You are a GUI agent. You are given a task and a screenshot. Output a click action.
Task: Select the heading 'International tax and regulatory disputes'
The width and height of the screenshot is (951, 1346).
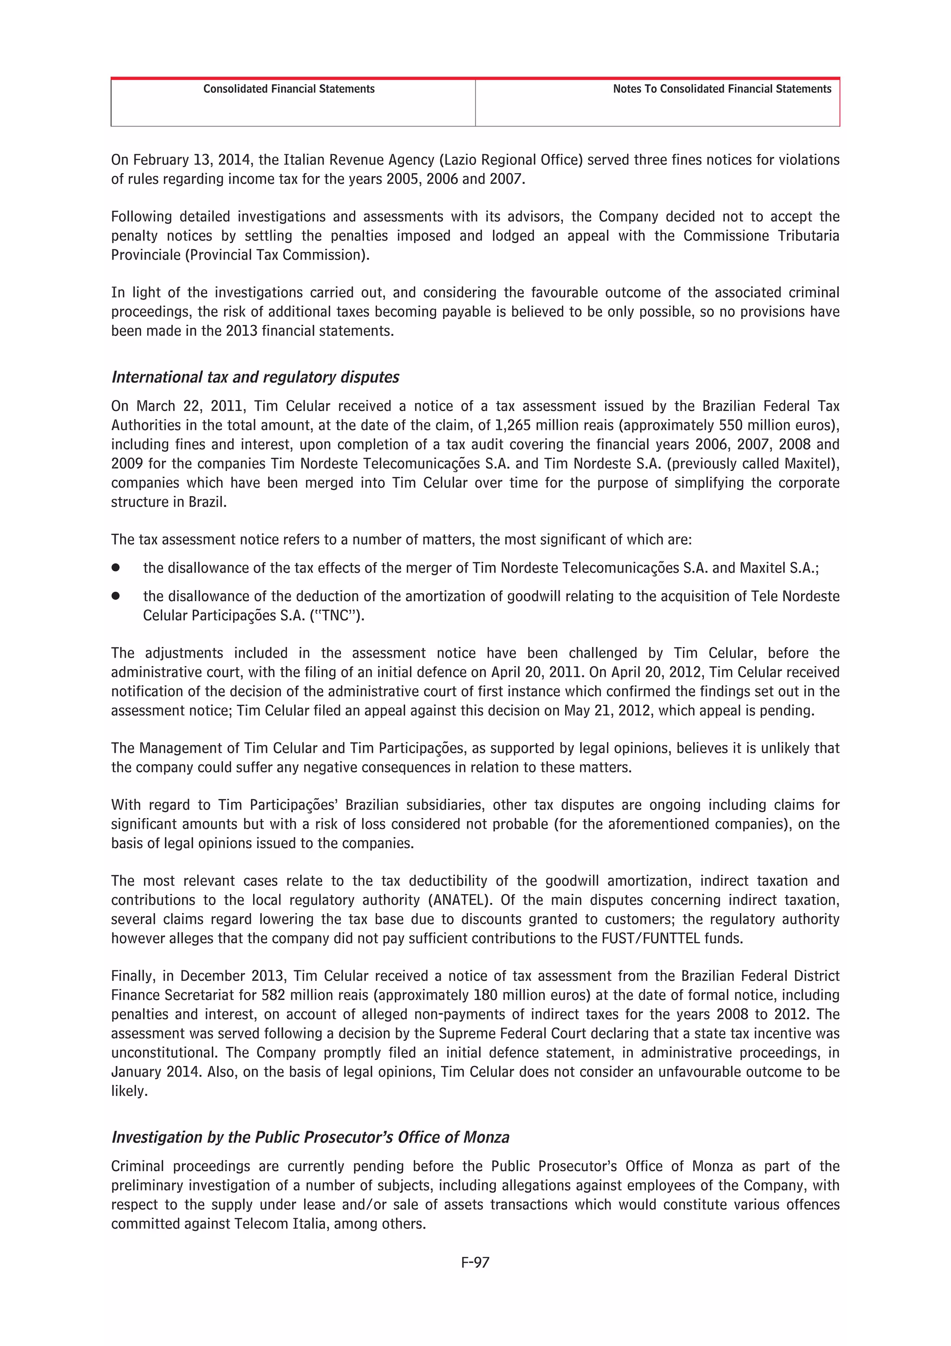[255, 377]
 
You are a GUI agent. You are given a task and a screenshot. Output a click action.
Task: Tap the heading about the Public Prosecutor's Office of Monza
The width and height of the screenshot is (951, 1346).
[310, 1137]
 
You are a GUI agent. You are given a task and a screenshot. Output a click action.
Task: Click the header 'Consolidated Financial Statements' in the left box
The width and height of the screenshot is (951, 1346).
[289, 89]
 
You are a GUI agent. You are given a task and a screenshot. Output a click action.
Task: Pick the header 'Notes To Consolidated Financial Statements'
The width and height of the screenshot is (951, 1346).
[722, 89]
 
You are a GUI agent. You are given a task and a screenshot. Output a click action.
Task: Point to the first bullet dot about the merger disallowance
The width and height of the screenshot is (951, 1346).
[116, 568]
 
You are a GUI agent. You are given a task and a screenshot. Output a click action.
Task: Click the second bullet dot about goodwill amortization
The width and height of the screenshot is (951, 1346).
[116, 595]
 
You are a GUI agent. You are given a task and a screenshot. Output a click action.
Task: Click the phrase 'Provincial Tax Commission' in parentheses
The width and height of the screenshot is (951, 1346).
[275, 255]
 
